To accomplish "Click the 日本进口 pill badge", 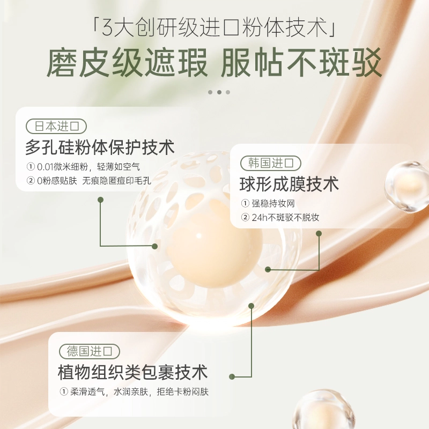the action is point(56,127).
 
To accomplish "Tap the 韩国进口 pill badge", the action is point(271,164).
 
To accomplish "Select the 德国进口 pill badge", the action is point(90,351).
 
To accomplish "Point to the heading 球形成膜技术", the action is point(289,184).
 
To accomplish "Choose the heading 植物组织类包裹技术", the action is point(132,372).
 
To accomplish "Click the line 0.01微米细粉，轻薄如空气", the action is point(83,167).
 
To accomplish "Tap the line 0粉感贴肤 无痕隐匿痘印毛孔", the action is point(88,181).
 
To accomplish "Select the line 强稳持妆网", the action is point(268,203).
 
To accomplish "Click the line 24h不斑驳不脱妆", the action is point(280,218).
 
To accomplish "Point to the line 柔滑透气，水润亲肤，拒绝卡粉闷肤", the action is point(134,392).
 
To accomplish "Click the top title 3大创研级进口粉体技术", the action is point(214,27).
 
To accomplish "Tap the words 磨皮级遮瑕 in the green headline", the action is point(127,62).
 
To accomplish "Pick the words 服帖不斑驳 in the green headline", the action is point(301,62).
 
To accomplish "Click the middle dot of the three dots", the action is point(219,92).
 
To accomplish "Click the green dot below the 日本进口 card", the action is point(100,199).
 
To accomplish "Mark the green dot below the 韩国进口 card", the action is point(319,234).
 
